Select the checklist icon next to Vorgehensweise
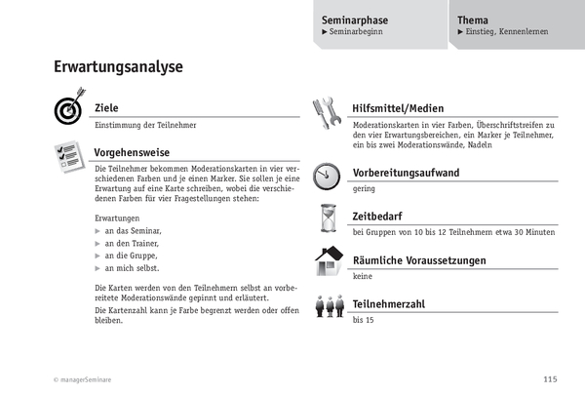[x=68, y=155]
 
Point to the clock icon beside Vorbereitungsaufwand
[x=326, y=177]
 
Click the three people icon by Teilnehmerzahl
[x=327, y=307]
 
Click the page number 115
[x=549, y=379]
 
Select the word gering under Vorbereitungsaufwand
[x=364, y=188]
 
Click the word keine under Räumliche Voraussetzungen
[x=363, y=276]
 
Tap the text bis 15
[x=364, y=319]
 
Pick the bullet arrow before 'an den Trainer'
[x=97, y=242]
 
